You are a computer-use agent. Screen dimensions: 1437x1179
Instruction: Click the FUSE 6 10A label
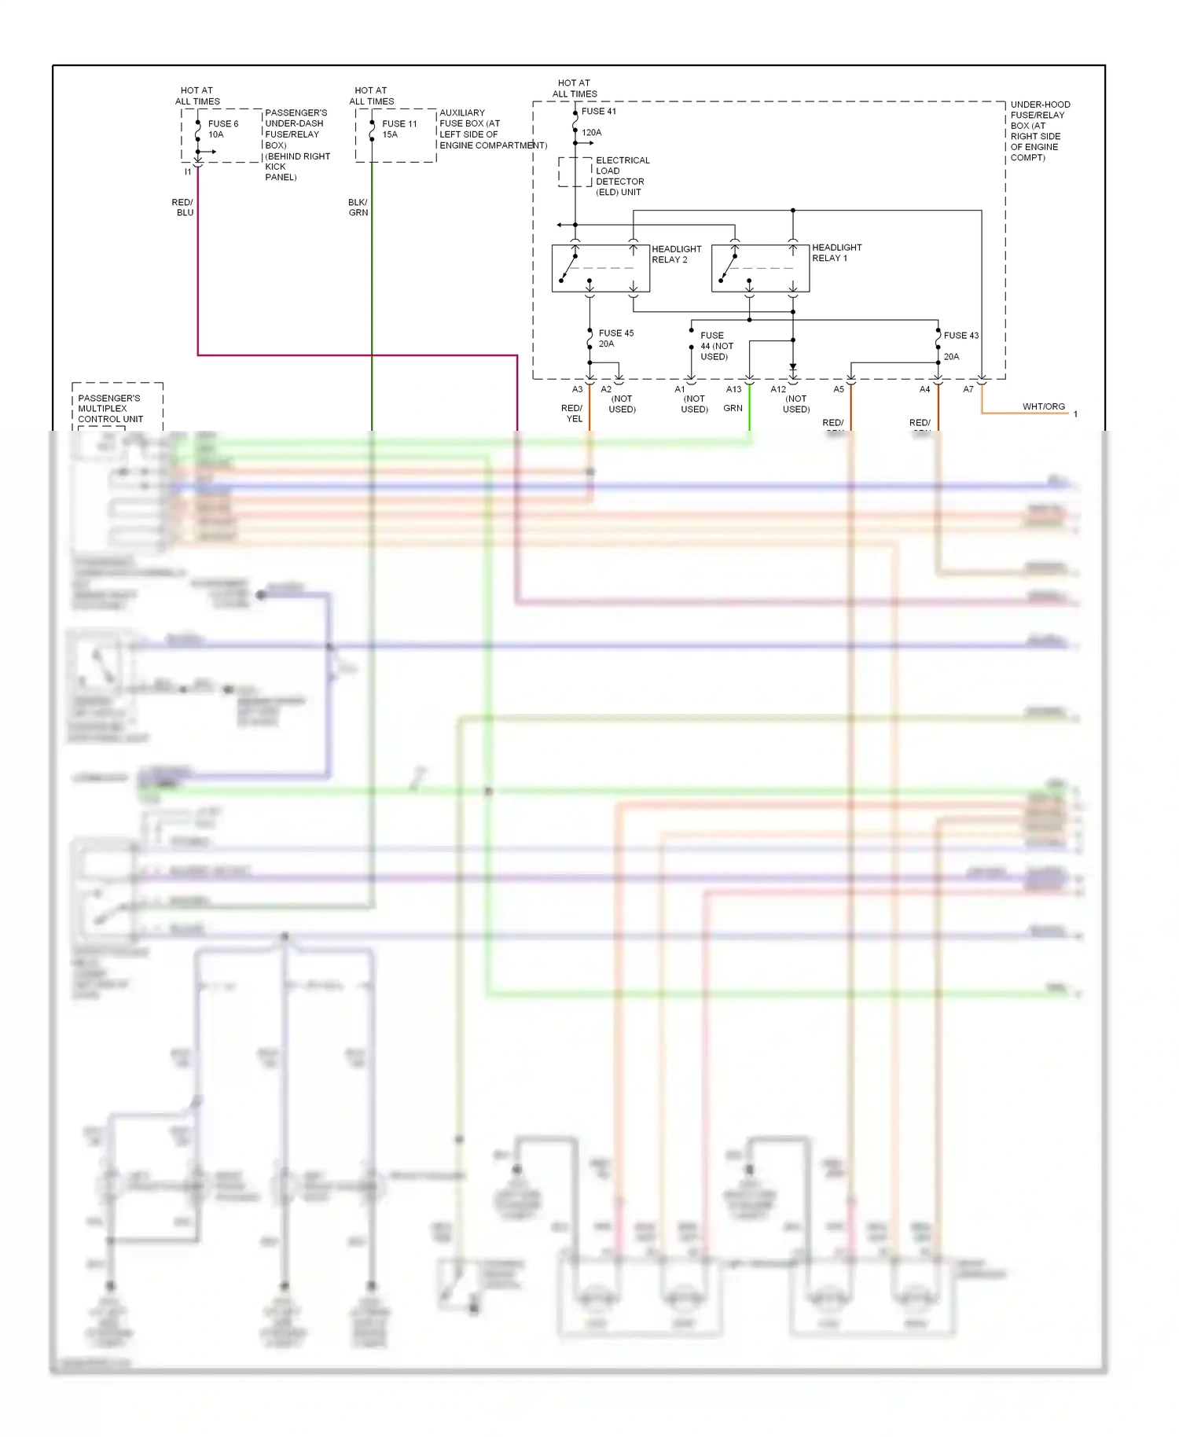(222, 129)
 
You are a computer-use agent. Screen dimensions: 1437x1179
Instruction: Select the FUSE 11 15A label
(399, 129)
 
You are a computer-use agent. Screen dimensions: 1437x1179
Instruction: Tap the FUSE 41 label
(599, 112)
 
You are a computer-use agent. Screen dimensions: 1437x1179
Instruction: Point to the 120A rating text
(591, 133)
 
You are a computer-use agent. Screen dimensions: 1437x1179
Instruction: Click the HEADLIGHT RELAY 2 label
(676, 254)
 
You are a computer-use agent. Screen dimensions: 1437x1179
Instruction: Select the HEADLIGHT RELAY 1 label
(836, 252)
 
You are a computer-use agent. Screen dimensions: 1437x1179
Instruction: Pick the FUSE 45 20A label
(615, 338)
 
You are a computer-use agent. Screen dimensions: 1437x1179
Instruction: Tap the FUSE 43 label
(960, 336)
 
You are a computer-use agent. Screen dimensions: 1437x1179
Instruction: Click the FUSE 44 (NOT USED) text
(716, 346)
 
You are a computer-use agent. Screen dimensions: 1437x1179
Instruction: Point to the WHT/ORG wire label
(1043, 406)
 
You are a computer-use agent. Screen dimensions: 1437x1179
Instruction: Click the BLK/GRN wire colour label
(358, 208)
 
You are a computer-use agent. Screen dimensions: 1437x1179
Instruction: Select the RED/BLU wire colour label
(183, 208)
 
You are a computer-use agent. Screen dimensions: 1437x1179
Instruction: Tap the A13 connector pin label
(733, 389)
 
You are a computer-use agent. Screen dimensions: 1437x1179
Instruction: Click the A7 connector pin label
(968, 389)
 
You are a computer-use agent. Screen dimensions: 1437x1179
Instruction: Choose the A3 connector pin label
(577, 389)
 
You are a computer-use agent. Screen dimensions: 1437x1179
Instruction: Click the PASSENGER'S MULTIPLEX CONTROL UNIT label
(110, 409)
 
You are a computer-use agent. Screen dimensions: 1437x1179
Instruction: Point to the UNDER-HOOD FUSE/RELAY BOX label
(1039, 130)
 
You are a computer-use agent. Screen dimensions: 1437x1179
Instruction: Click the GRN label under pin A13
(733, 408)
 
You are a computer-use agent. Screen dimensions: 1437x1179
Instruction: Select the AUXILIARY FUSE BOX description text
(492, 129)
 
